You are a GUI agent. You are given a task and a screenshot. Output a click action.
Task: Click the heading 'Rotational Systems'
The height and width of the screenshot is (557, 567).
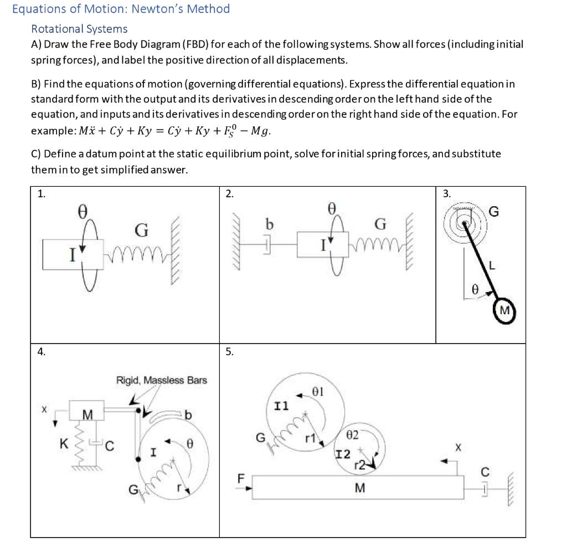point(79,29)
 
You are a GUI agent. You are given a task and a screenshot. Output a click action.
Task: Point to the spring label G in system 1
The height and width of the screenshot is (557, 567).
point(141,229)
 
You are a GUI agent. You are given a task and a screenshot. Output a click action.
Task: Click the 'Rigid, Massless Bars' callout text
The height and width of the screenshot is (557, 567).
point(161,380)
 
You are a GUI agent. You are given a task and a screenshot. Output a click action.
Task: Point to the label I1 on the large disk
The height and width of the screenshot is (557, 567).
point(281,406)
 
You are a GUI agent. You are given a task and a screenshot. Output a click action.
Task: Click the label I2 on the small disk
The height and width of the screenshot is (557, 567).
point(343,454)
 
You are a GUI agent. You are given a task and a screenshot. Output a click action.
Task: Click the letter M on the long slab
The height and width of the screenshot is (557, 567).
point(359,488)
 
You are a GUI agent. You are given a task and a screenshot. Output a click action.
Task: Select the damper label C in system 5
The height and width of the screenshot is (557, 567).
point(485,473)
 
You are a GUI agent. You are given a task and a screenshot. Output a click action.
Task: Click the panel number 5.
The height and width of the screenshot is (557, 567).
point(229,351)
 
